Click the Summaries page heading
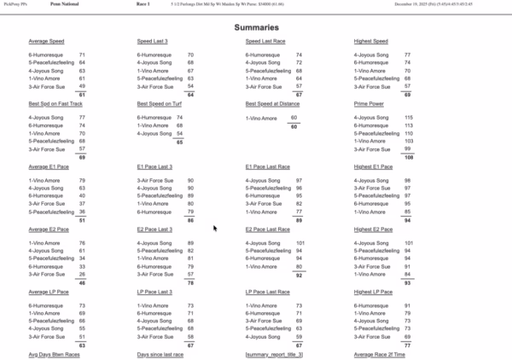[256, 27]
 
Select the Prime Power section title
[370, 103]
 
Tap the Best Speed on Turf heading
[160, 103]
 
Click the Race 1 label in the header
[142, 4]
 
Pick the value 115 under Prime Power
[409, 118]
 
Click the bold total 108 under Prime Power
[409, 157]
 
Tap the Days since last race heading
[160, 353]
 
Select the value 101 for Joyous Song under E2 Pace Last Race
[300, 243]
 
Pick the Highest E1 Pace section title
[373, 166]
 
